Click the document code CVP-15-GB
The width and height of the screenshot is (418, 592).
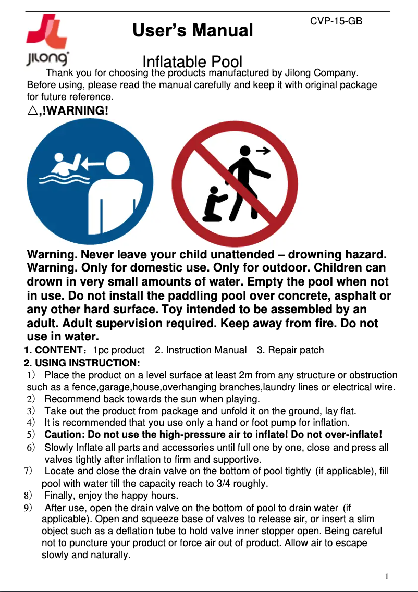[336, 21]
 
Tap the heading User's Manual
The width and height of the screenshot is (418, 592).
[193, 31]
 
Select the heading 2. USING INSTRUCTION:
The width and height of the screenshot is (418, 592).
[82, 362]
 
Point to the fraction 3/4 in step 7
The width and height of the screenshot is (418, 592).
[227, 483]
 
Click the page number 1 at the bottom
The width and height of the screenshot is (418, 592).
[387, 576]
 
